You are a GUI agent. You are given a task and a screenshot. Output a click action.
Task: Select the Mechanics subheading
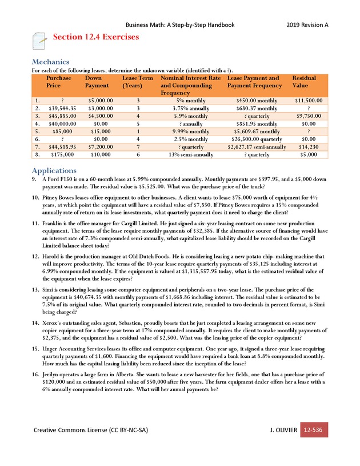click(x=50, y=62)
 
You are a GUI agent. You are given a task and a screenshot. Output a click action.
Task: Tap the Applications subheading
click(x=54, y=170)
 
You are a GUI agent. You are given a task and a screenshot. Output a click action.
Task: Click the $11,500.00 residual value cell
click(x=309, y=100)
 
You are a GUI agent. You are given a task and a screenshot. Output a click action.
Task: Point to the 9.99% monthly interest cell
click(x=191, y=130)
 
